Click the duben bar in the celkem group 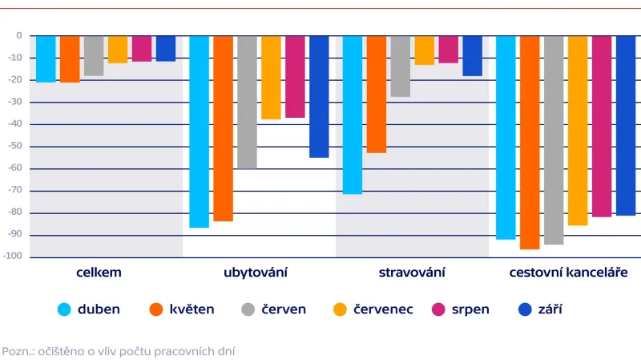tap(46, 59)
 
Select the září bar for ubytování tap(319, 96)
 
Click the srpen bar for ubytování tap(295, 77)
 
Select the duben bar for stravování tap(353, 115)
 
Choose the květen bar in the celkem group tap(70, 59)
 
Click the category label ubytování tap(256, 273)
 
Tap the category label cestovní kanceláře tap(568, 273)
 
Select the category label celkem tap(99, 273)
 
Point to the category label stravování tap(411, 273)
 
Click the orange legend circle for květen tap(157, 309)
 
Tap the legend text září tap(550, 309)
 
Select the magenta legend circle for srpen tap(439, 309)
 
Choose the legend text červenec tap(384, 309)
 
